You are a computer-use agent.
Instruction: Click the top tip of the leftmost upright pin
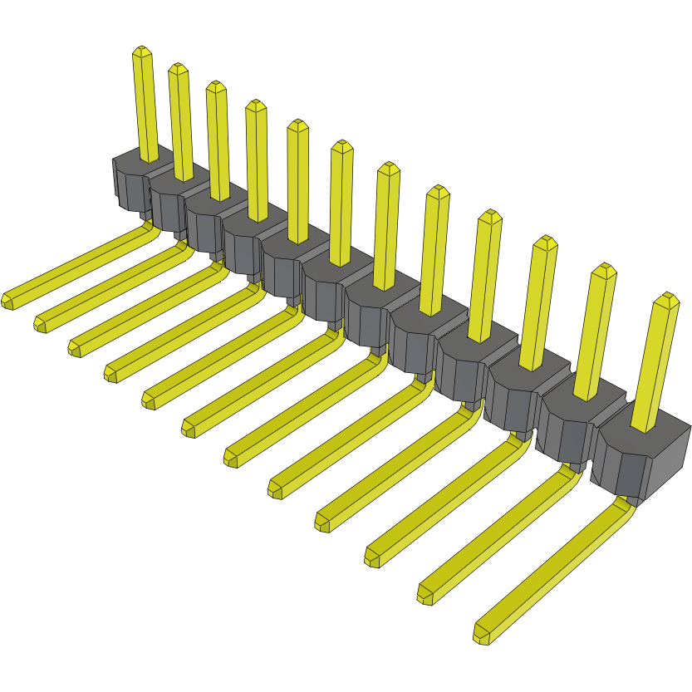(142, 51)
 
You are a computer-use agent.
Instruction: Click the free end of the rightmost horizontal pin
(481, 635)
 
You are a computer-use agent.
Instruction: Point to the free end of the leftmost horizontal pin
(8, 301)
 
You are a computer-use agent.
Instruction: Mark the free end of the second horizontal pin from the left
(41, 323)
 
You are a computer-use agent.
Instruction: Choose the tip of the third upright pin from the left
(216, 86)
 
